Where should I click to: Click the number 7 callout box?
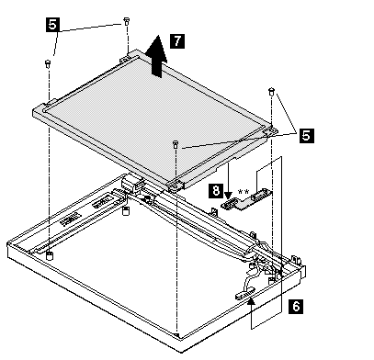(177, 41)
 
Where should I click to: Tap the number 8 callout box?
(216, 191)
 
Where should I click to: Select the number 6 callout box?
(296, 307)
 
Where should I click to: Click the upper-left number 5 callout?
(52, 25)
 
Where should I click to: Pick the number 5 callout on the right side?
(307, 135)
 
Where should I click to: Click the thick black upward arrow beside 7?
(156, 56)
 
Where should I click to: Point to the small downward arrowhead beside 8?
(228, 195)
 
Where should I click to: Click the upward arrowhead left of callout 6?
(251, 302)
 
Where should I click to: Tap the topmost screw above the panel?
(126, 21)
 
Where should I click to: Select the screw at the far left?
(48, 63)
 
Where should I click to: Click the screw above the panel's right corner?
(271, 91)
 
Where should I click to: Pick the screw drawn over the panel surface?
(176, 144)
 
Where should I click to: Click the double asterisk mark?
(244, 192)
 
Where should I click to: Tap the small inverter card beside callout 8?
(247, 200)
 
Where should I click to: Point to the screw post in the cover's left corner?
(49, 255)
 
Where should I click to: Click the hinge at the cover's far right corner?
(296, 260)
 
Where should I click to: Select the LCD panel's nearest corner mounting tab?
(176, 185)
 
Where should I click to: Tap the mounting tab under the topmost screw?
(127, 55)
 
